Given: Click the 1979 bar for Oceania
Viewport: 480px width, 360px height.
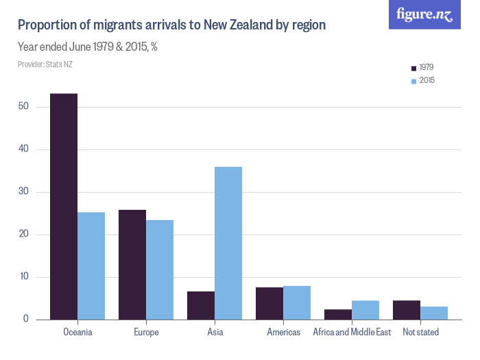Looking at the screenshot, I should [x=64, y=206].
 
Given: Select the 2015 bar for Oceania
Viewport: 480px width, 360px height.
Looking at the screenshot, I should [x=91, y=265].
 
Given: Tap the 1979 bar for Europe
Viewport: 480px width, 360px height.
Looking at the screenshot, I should [x=132, y=264].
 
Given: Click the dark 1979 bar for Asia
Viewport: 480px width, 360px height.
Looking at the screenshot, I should [x=201, y=305].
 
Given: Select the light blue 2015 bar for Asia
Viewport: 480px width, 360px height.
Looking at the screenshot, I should [x=228, y=243].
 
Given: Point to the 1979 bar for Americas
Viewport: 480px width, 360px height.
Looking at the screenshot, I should [x=269, y=303].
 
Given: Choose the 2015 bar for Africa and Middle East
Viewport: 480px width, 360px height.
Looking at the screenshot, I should [x=365, y=310].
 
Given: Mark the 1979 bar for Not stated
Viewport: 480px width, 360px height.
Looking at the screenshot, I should [x=407, y=310].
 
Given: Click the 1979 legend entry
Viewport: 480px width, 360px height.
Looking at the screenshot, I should [x=422, y=68].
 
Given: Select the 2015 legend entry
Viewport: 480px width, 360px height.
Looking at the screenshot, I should [x=422, y=81].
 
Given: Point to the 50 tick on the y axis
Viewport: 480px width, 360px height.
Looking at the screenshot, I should [x=23, y=107].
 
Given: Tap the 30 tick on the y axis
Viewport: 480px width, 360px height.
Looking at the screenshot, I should [x=23, y=192].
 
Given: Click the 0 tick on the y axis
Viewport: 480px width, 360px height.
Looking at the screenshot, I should [x=25, y=320].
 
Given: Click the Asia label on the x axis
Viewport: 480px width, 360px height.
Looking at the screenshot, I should [x=215, y=333].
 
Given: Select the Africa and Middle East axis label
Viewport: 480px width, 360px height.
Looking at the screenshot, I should [x=352, y=333].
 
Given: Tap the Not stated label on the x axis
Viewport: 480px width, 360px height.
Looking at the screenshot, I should [x=420, y=333].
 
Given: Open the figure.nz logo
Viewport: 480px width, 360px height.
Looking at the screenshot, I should [x=425, y=14].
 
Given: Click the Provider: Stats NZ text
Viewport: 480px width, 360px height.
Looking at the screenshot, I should [x=45, y=64].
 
